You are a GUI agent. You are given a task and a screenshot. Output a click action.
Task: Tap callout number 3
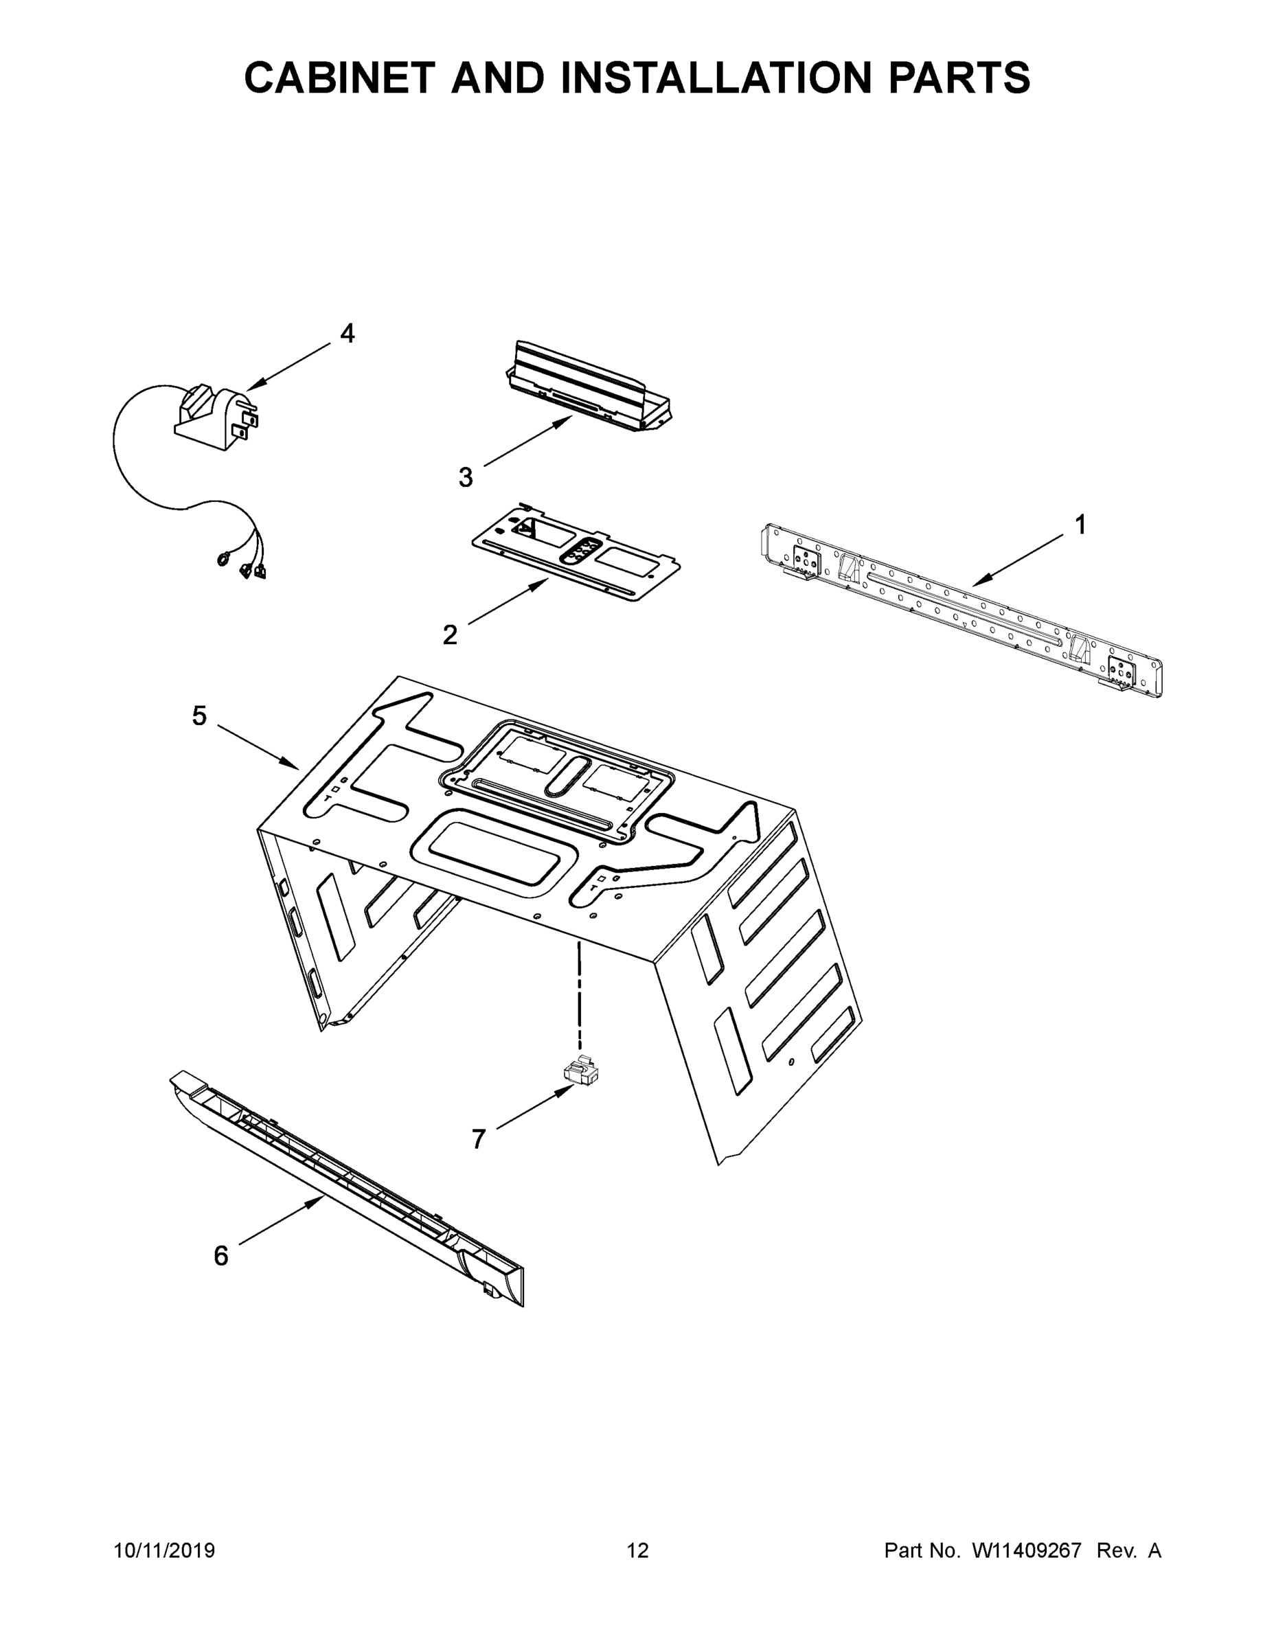pyautogui.click(x=466, y=477)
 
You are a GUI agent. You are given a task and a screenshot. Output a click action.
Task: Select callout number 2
pyautogui.click(x=450, y=634)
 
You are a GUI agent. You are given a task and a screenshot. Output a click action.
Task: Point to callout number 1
pyautogui.click(x=1080, y=525)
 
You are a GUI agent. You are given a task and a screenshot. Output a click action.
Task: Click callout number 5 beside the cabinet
pyautogui.click(x=199, y=716)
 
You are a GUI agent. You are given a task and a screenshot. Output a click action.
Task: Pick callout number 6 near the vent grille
pyautogui.click(x=220, y=1256)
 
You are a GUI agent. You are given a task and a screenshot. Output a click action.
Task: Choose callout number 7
pyautogui.click(x=479, y=1139)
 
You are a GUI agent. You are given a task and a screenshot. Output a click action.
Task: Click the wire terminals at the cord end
pyautogui.click(x=243, y=566)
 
